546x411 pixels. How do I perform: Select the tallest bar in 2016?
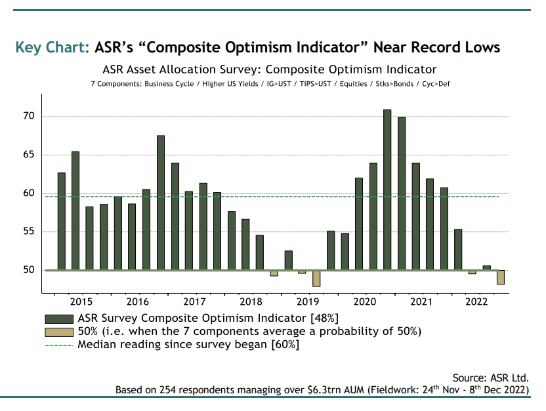(161, 203)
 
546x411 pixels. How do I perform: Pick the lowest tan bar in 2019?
(316, 279)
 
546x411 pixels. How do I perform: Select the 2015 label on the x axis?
(81, 302)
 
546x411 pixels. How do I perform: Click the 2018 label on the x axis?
(251, 302)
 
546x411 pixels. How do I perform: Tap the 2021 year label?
(421, 302)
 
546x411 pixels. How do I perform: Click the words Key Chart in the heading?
(52, 48)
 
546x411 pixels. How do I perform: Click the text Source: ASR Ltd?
(490, 378)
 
